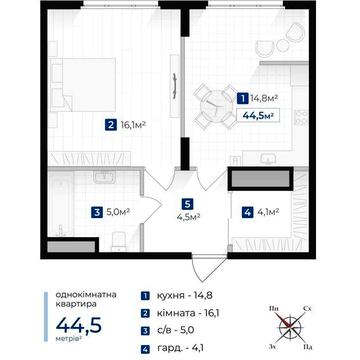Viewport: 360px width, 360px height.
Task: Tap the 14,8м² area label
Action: tap(264, 99)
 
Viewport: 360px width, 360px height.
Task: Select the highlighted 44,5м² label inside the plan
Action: tap(258, 114)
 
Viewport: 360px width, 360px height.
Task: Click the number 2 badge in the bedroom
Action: tap(108, 125)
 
